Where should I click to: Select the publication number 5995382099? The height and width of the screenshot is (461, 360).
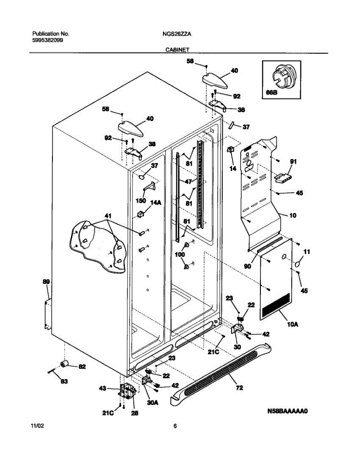click(48, 40)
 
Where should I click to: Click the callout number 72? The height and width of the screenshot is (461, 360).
click(239, 388)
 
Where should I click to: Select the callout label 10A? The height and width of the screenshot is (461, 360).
click(293, 325)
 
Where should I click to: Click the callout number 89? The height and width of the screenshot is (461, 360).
click(46, 282)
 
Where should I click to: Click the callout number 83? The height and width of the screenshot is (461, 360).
click(64, 381)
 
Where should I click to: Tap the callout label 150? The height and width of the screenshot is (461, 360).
click(141, 201)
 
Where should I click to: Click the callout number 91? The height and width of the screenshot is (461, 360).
click(294, 162)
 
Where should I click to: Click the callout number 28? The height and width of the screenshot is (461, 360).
click(135, 413)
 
